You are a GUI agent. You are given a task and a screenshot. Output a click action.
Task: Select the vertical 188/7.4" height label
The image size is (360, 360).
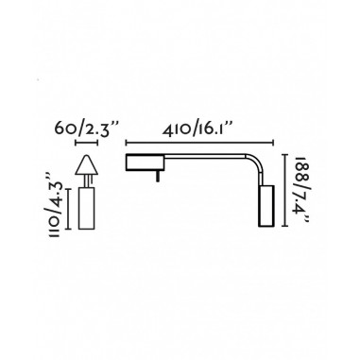[302, 189]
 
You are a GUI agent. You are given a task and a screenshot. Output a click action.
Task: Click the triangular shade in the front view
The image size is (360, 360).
[86, 167]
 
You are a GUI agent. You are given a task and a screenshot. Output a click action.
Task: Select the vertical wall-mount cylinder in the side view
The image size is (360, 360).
[265, 207]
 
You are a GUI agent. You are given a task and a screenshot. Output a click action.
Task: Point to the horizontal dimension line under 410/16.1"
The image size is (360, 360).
[199, 144]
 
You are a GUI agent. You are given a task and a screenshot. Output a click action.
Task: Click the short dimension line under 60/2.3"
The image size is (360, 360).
[86, 144]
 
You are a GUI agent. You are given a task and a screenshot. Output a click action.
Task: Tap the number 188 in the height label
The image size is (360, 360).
[302, 169]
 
